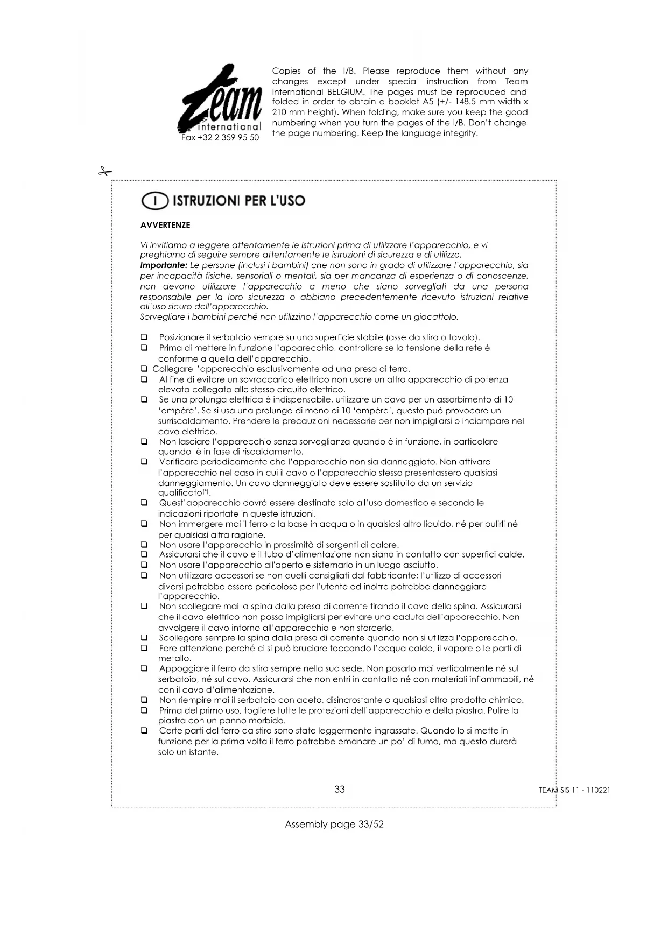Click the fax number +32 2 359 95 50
[x=220, y=138]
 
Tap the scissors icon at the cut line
[x=104, y=172]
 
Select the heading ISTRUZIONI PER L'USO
[x=238, y=201]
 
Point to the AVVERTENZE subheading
[x=165, y=225]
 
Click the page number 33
[x=340, y=790]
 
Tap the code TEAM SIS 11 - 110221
[x=574, y=791]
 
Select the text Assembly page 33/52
[x=334, y=825]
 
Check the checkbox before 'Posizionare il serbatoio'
[x=144, y=337]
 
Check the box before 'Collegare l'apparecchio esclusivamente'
[x=144, y=369]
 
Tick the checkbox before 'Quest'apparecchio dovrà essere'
[x=144, y=503]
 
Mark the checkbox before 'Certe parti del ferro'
[x=144, y=731]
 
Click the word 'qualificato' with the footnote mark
[x=180, y=493]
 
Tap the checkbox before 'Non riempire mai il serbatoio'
[x=144, y=700]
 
